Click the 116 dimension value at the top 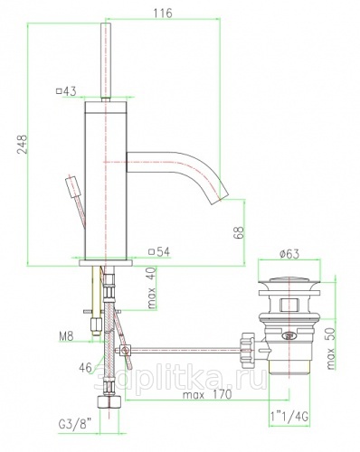(163, 13)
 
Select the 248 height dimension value (23, 145)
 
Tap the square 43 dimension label (66, 90)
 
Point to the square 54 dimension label (159, 251)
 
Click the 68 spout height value (239, 232)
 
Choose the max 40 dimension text (153, 287)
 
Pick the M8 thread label (66, 335)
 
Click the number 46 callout (85, 367)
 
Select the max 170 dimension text (207, 394)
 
